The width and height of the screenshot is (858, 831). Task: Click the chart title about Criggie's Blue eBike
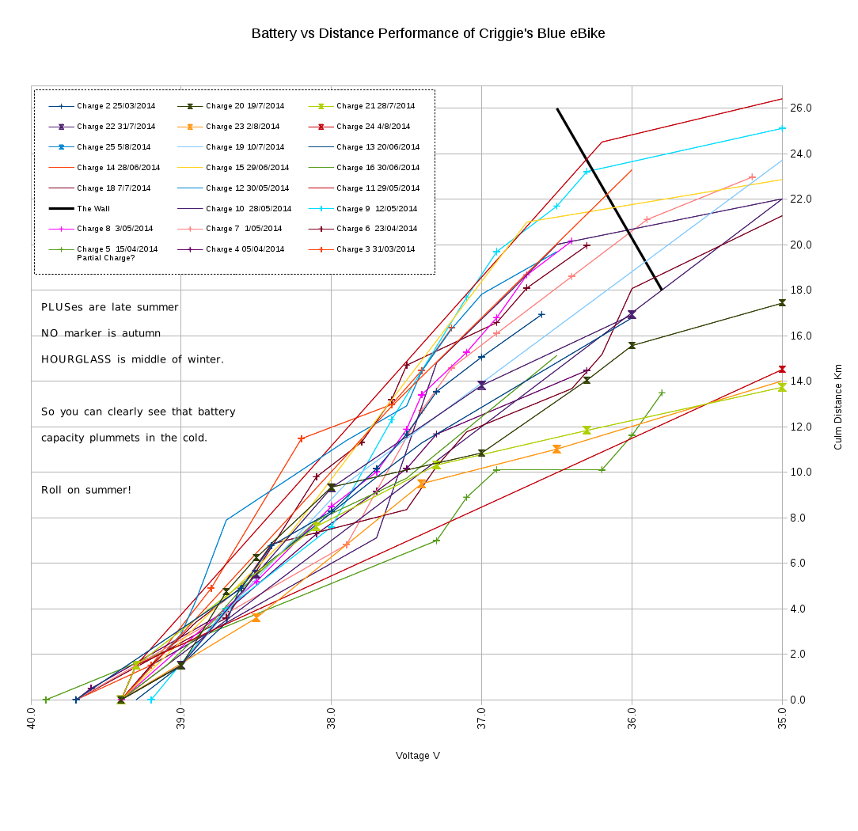click(428, 33)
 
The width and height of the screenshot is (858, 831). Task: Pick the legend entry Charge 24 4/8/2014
click(373, 127)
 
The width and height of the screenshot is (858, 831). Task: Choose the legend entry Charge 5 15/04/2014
click(117, 249)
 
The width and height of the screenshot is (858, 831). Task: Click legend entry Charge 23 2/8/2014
click(242, 127)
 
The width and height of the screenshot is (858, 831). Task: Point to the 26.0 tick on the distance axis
click(800, 108)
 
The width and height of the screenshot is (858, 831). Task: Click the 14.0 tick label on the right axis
click(800, 381)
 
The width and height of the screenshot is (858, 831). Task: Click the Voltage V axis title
click(418, 756)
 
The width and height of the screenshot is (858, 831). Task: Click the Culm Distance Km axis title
click(838, 407)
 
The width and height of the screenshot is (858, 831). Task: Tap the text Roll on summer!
click(86, 490)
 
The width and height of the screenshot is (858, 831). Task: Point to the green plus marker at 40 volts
click(46, 700)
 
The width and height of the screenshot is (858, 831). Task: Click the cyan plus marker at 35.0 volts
click(782, 128)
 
